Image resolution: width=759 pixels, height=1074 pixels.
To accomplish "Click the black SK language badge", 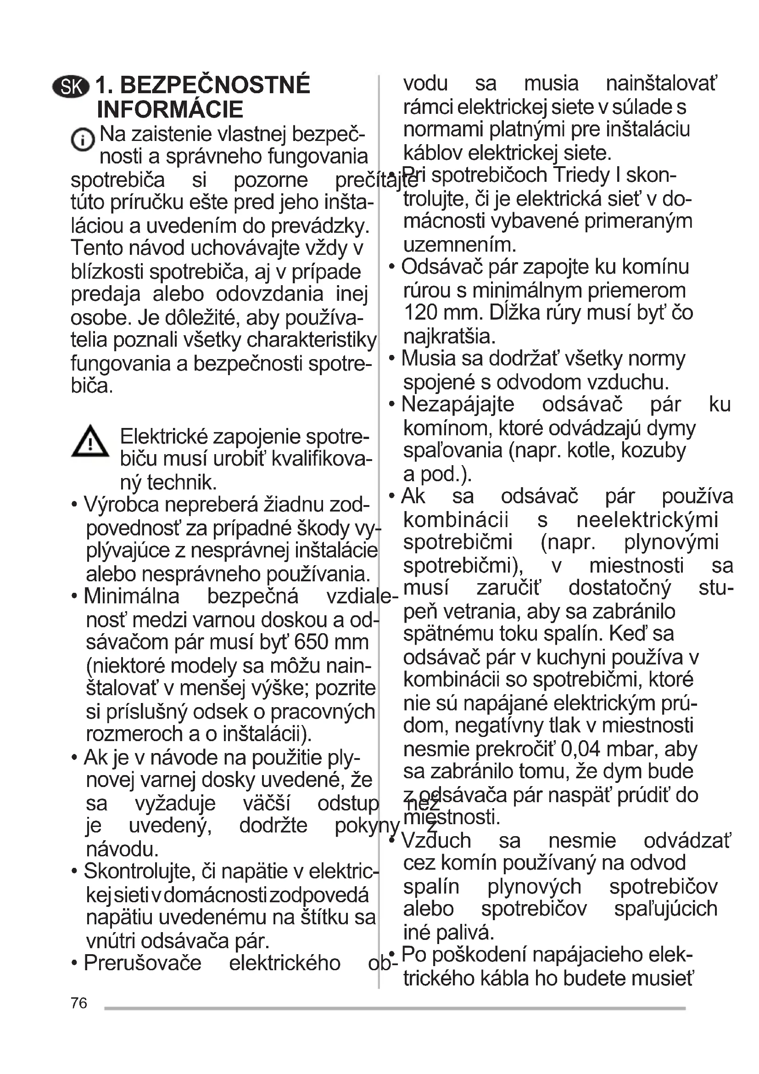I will coord(71,87).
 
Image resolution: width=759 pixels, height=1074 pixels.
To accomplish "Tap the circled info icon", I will coord(82,140).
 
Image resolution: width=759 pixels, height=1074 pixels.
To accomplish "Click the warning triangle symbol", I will coord(90,442).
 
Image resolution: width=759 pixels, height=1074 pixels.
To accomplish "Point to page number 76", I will coord(78,1003).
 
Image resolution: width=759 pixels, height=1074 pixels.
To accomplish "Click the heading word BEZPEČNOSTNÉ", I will coord(215,85).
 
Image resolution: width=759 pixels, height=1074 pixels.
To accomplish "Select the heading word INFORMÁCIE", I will coord(170,110).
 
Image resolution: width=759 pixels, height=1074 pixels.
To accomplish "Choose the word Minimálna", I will coord(131,596).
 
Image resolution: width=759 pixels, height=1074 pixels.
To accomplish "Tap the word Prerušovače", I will coord(142,963).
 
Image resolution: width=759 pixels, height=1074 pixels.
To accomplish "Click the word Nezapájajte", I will coord(458,405).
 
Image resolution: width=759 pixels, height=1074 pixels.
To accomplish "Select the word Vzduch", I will coord(436,841).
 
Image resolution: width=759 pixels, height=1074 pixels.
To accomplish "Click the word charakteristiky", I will coord(311,341).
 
